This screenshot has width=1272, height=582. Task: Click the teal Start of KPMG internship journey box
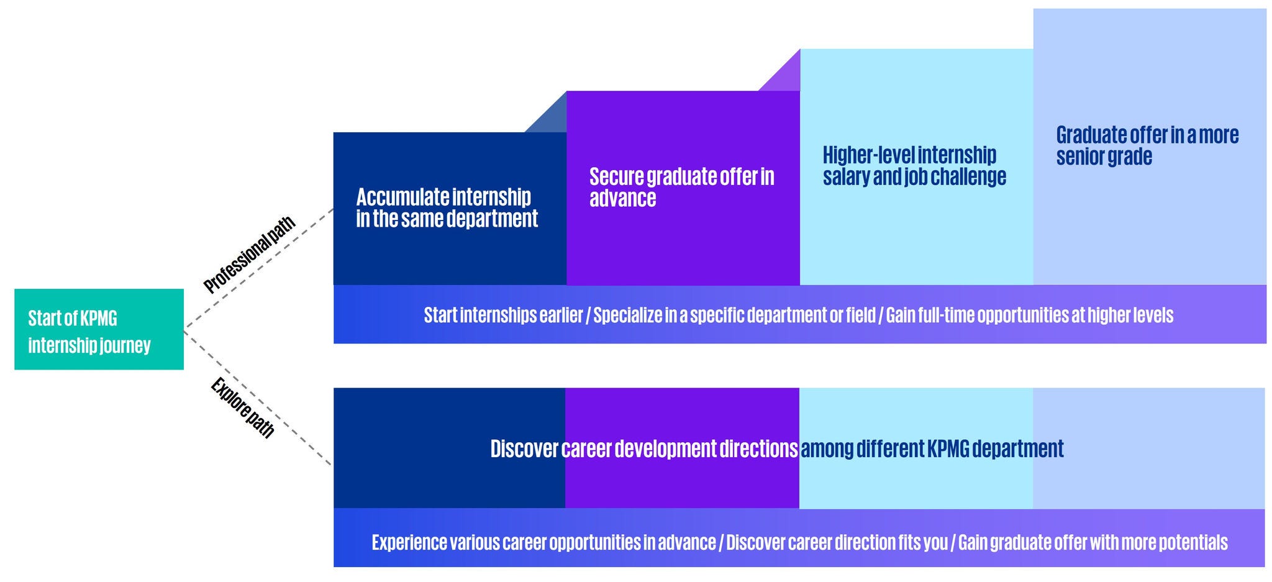(x=99, y=329)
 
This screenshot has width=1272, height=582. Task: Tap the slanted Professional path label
(x=249, y=255)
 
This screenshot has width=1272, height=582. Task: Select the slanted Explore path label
(x=242, y=407)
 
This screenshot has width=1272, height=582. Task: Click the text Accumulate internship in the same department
(x=447, y=207)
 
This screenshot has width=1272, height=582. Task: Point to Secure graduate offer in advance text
(x=681, y=187)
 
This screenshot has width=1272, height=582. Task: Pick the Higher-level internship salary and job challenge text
(x=914, y=165)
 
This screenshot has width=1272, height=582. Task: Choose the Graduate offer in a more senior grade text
(x=1147, y=145)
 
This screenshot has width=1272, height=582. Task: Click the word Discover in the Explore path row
(x=524, y=448)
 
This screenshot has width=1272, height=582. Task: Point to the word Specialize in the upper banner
(x=628, y=315)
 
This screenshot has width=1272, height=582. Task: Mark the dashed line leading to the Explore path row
(x=258, y=398)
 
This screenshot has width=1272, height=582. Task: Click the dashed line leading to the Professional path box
(x=259, y=268)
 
